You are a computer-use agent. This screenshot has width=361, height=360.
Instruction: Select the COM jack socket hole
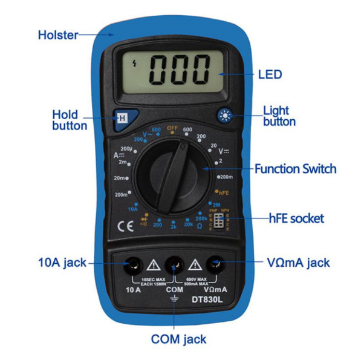pyautogui.click(x=174, y=264)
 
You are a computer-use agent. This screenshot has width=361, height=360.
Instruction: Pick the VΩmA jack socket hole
pyautogui.click(x=216, y=264)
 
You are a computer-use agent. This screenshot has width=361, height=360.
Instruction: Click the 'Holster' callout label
pyautogui.click(x=58, y=34)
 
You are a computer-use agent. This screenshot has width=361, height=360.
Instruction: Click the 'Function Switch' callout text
pyautogui.click(x=295, y=169)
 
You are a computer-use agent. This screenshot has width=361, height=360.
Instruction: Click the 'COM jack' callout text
pyautogui.click(x=175, y=340)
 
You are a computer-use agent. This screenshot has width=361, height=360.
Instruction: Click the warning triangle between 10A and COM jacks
pyautogui.click(x=153, y=264)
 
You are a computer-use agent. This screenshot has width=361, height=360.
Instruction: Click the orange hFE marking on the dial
pyautogui.click(x=223, y=192)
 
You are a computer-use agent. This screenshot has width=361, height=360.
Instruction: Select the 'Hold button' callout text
pyautogui.click(x=69, y=119)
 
